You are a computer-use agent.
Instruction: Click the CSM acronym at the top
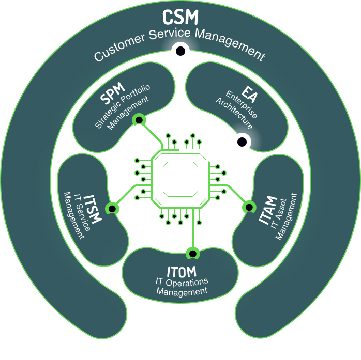point(180,17)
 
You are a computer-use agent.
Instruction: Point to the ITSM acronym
point(93,207)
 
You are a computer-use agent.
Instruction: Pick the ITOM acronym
point(182,271)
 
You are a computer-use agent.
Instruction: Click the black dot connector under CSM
point(180,51)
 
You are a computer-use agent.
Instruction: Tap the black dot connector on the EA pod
point(242,142)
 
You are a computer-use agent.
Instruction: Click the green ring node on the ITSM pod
point(112,208)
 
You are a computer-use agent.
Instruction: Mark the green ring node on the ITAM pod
point(249,207)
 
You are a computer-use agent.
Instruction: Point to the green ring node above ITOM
point(192,253)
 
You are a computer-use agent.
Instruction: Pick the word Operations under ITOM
point(186,281)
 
